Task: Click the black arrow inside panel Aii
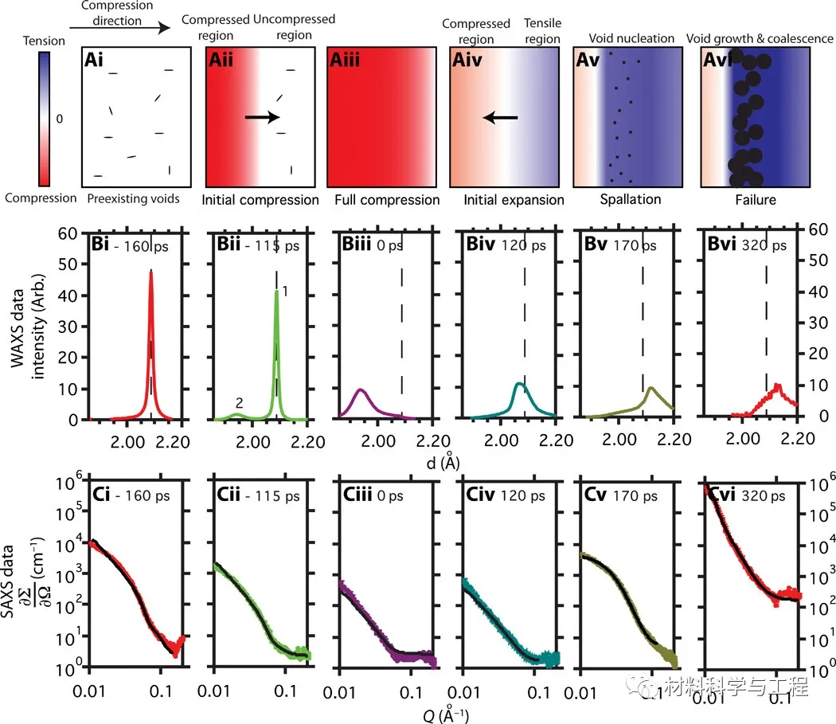(x=262, y=117)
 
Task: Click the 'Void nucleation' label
(x=631, y=38)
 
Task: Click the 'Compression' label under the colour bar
(x=40, y=198)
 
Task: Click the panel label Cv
(x=592, y=496)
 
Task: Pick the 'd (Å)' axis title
(x=452, y=461)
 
